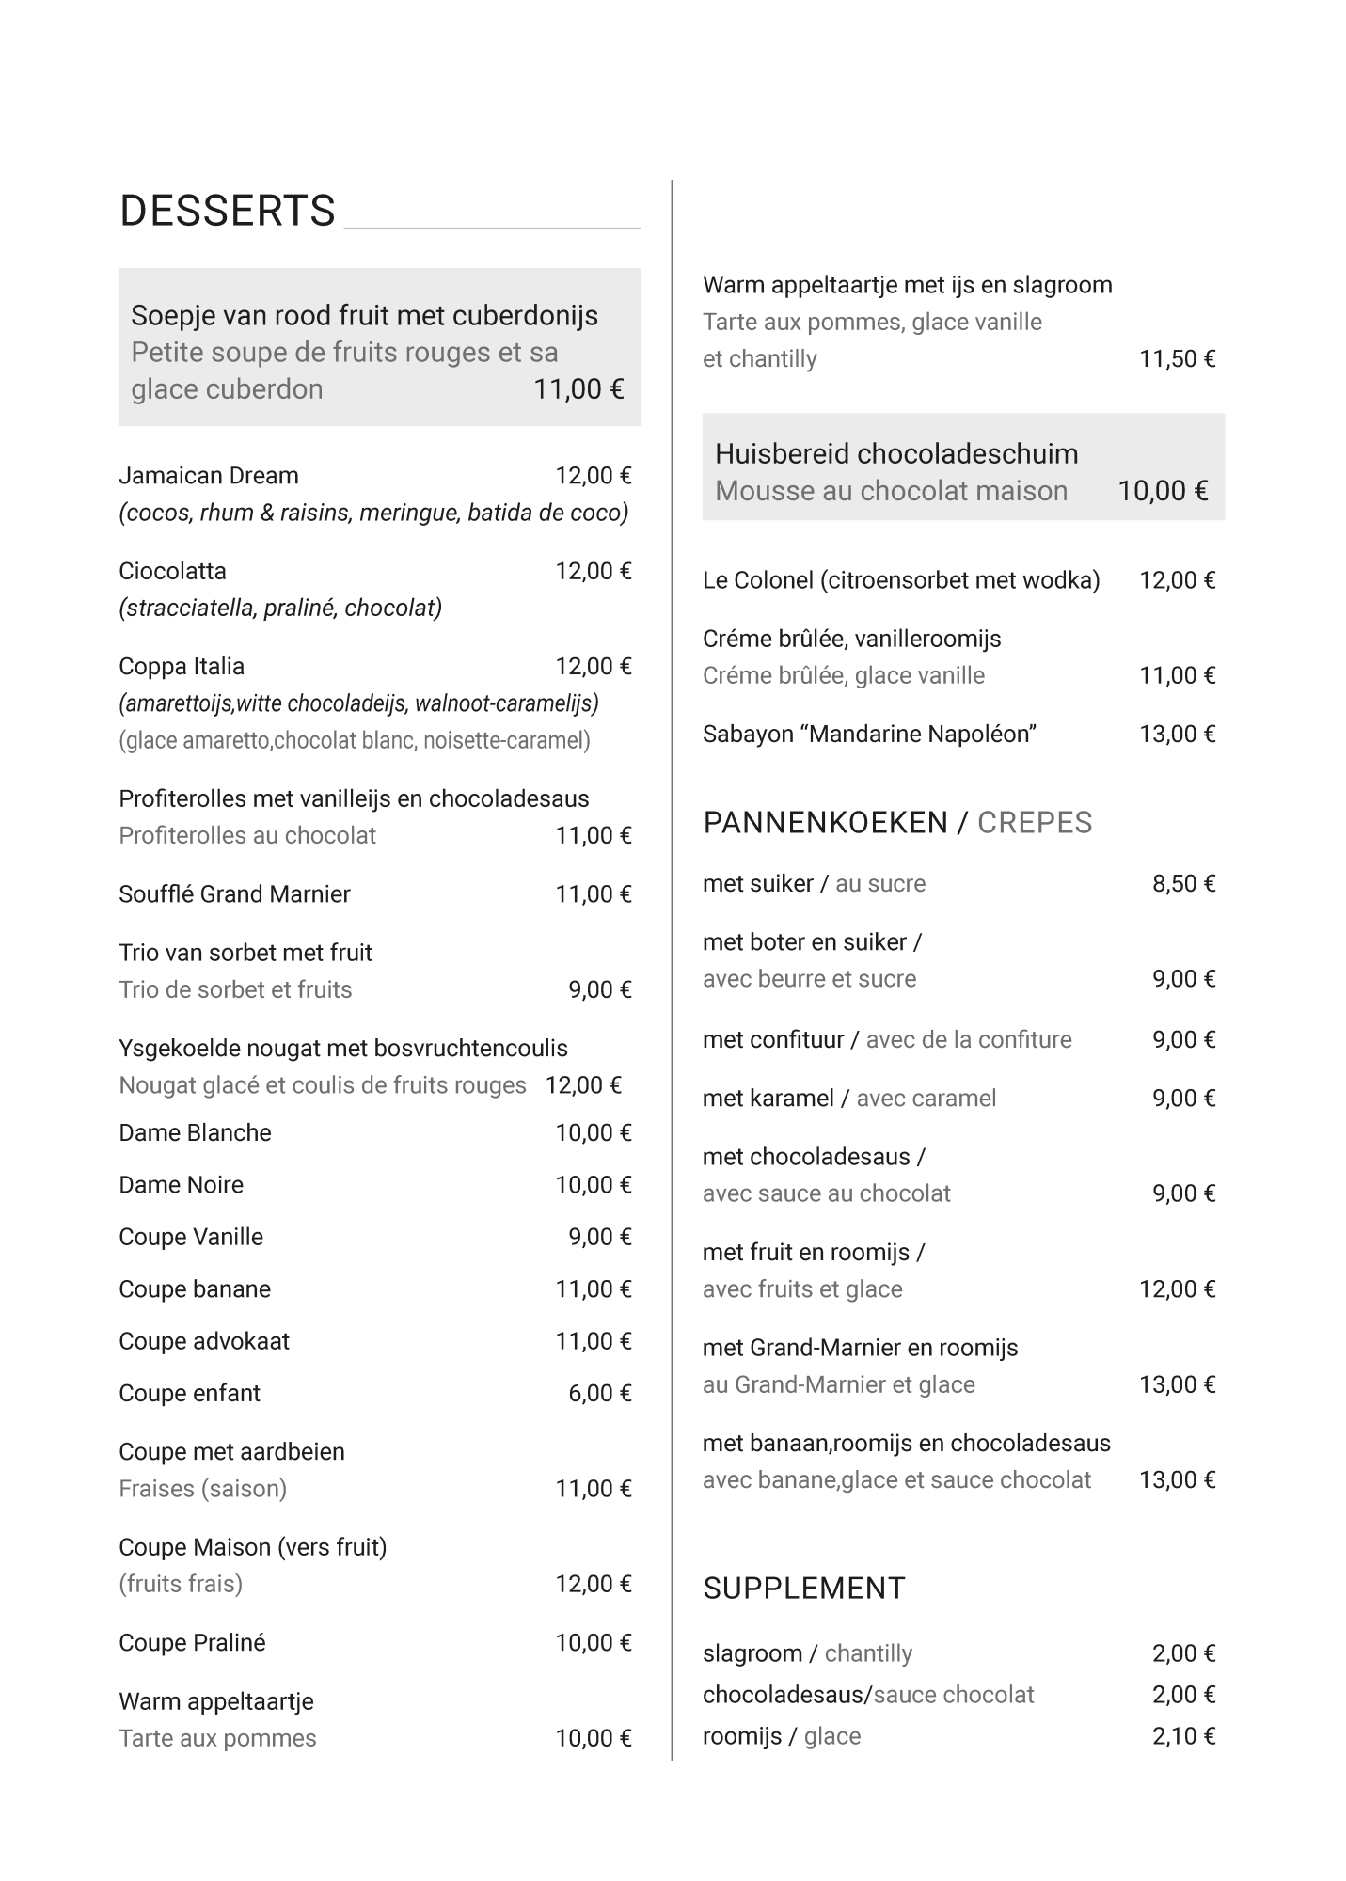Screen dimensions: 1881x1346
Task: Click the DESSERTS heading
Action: click(227, 211)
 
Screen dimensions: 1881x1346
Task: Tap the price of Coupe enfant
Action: click(599, 1393)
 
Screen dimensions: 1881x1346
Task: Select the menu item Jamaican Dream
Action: click(208, 476)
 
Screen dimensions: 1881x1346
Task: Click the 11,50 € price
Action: click(1177, 358)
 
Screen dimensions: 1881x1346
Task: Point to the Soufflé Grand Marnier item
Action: click(234, 894)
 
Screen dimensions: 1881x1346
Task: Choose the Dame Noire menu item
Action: click(181, 1185)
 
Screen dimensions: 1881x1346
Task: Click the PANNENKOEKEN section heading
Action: click(825, 823)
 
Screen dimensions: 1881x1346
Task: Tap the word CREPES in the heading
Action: click(1034, 823)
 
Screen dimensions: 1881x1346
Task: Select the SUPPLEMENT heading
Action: click(803, 1589)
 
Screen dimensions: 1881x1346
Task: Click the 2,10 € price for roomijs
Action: click(1183, 1736)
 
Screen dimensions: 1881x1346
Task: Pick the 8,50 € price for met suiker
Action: click(1183, 883)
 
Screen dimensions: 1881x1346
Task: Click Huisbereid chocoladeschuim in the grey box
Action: click(896, 454)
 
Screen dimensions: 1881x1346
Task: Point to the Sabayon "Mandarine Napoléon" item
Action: click(869, 734)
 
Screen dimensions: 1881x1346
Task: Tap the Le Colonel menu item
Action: click(900, 580)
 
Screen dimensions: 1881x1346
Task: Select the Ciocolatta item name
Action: click(172, 571)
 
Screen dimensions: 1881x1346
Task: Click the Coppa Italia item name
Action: click(182, 667)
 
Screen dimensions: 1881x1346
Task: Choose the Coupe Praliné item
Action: click(192, 1643)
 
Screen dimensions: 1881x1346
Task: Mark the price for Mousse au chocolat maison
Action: click(1162, 491)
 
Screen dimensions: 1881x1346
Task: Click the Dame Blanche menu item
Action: click(195, 1133)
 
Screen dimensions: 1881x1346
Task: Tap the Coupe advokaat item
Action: click(204, 1341)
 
